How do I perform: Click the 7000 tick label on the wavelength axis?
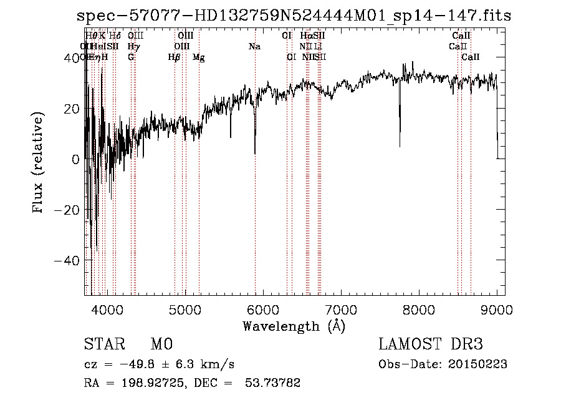click(341, 311)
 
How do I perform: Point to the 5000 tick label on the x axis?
click(185, 311)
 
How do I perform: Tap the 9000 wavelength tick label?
click(497, 311)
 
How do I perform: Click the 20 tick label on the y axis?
click(72, 109)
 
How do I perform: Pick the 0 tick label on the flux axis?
click(75, 159)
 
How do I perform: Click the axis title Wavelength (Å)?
click(294, 326)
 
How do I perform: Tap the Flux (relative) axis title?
click(39, 163)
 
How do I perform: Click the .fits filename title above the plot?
click(294, 16)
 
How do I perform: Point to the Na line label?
click(254, 47)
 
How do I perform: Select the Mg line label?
click(199, 57)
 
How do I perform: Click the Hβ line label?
click(174, 57)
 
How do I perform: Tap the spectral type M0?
click(161, 344)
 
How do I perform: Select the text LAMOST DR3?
click(430, 344)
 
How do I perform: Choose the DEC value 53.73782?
click(276, 383)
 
